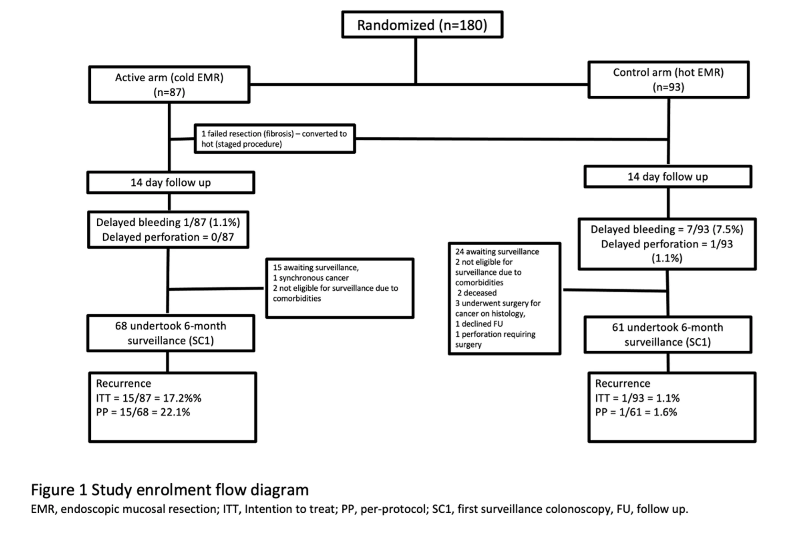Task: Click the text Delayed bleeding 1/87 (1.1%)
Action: click(168, 222)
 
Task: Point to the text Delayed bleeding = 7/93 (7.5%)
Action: click(667, 229)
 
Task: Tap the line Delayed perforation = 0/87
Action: click(168, 237)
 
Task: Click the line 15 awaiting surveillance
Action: click(316, 267)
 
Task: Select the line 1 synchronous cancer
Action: click(310, 278)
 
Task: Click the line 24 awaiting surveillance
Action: click(497, 252)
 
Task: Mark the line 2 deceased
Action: click(477, 293)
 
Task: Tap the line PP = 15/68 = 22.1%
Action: click(143, 412)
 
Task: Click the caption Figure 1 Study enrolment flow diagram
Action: click(170, 490)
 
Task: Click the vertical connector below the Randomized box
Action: click(415, 61)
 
